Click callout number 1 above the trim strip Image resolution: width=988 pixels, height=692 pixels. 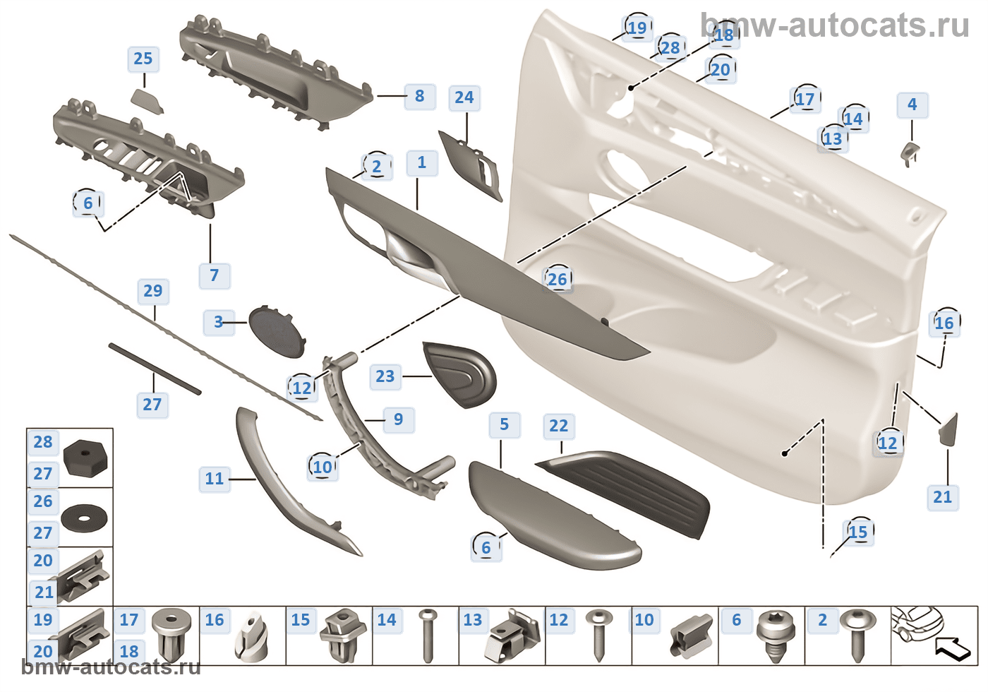pyautogui.click(x=422, y=163)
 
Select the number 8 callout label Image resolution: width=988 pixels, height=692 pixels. pyautogui.click(x=420, y=96)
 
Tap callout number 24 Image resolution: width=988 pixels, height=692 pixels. pyautogui.click(x=464, y=97)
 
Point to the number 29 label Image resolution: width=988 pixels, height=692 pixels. pyautogui.click(x=153, y=291)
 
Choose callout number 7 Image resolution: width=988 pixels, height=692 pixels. pyautogui.click(x=215, y=275)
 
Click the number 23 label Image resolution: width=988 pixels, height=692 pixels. pyautogui.click(x=385, y=376)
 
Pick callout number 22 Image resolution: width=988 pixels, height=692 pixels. pyautogui.click(x=558, y=426)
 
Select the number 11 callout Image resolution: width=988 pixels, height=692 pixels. pyautogui.click(x=215, y=479)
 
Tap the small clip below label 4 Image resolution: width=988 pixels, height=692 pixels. pyautogui.click(x=910, y=153)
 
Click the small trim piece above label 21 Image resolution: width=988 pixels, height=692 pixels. pyautogui.click(x=948, y=429)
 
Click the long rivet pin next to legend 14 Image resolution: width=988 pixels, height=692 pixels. pyautogui.click(x=427, y=636)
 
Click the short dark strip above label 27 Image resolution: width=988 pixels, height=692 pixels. pyautogui.click(x=155, y=369)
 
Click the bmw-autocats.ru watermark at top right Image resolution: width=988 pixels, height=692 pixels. pyautogui.click(x=835, y=26)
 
